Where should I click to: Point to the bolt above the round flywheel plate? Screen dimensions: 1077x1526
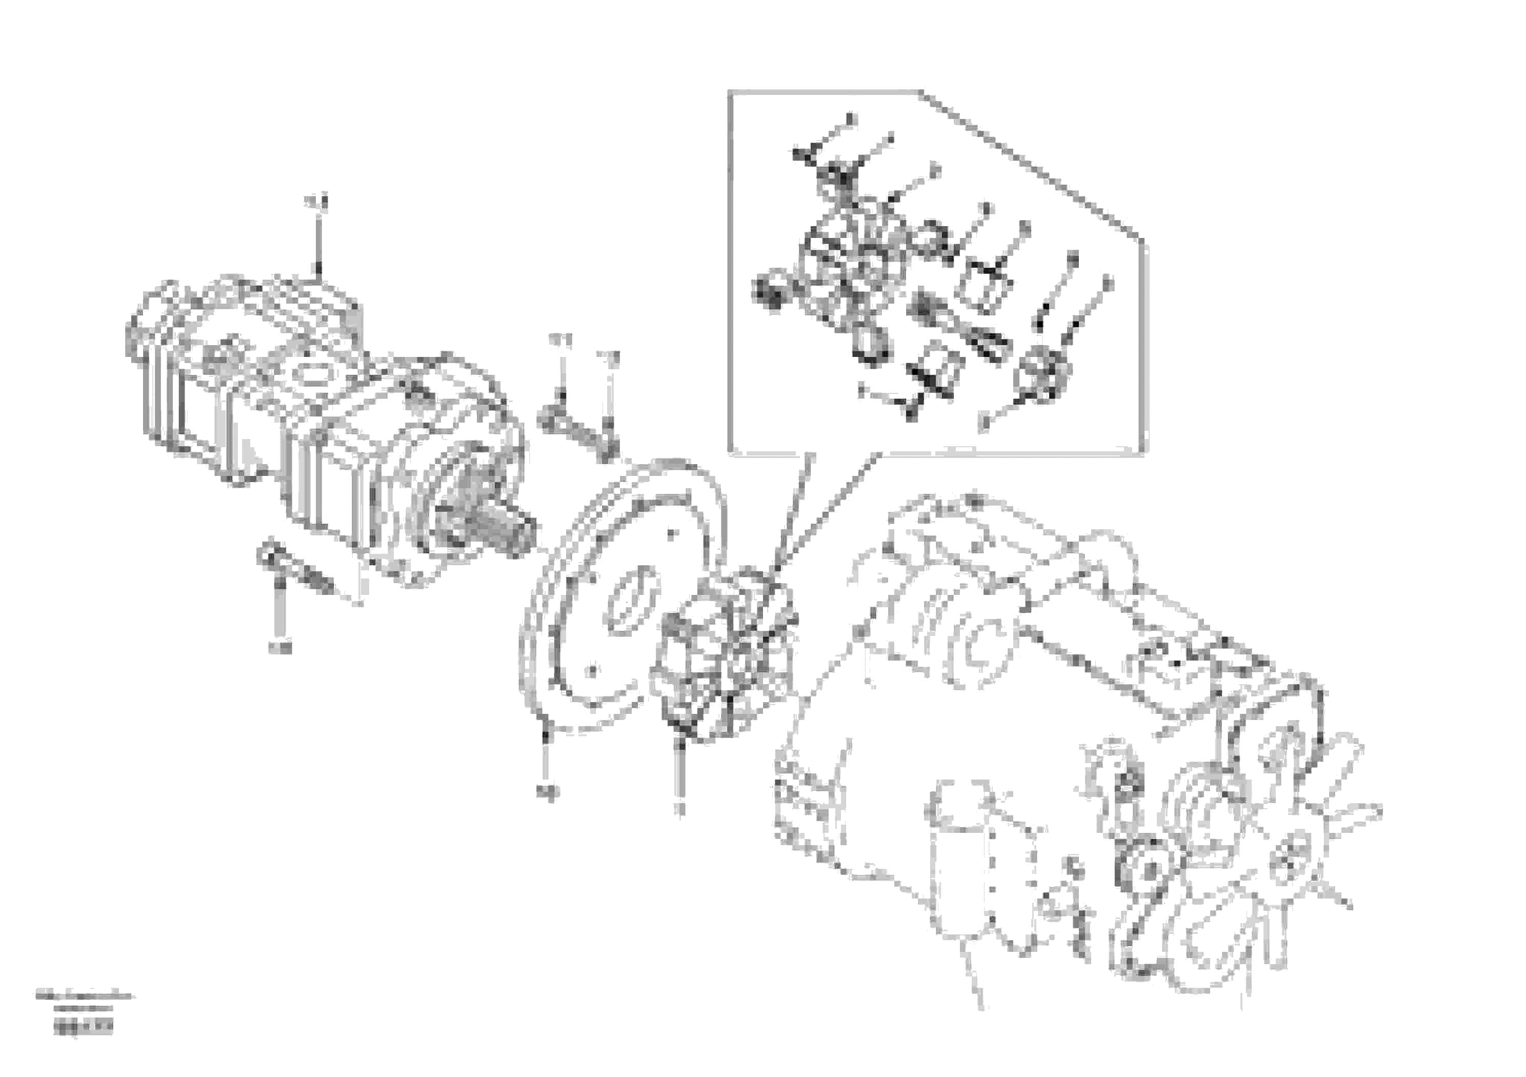577,431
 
